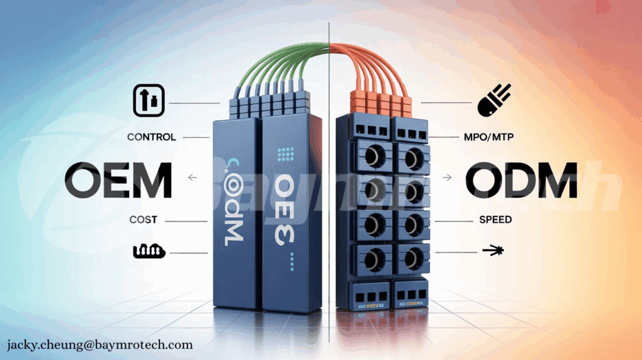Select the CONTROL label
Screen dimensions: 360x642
[151, 137]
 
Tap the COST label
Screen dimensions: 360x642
[143, 220]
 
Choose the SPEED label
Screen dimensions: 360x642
[495, 220]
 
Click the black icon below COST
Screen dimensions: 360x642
[149, 251]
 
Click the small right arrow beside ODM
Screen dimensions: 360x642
[447, 178]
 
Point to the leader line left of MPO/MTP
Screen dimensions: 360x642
[447, 137]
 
